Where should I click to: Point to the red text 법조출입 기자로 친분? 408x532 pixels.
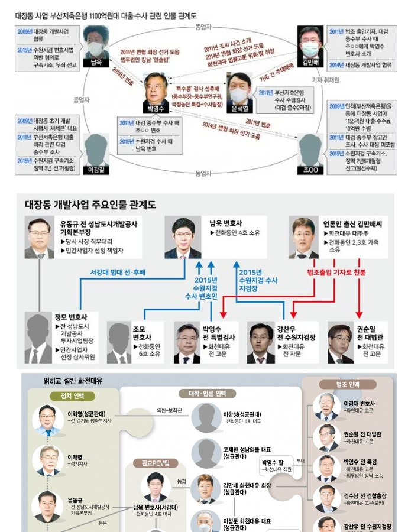click(336, 272)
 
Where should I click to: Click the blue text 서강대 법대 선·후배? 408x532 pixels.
click(117, 272)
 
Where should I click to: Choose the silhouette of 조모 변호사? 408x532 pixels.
click(119, 342)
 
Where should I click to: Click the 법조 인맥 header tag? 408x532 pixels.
click(348, 384)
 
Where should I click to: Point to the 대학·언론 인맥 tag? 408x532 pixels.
click(202, 393)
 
